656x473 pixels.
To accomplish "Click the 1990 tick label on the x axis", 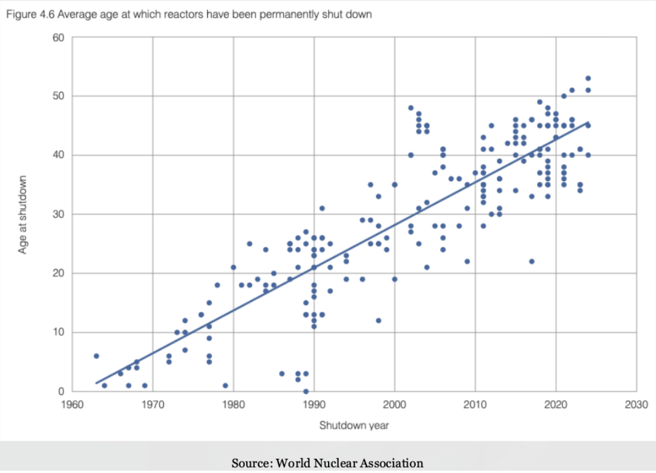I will click(x=314, y=405).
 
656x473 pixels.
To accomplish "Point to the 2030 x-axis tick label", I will click(x=637, y=405).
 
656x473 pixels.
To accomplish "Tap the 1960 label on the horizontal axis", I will click(x=72, y=405).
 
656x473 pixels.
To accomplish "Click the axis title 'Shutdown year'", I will click(x=354, y=425).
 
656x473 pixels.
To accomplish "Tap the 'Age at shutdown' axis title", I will click(x=23, y=214).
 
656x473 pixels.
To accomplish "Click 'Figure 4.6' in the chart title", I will click(x=24, y=14).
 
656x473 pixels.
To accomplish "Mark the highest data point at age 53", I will click(x=588, y=78).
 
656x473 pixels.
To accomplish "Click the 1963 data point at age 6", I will click(x=96, y=356).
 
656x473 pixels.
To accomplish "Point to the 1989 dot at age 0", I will click(x=306, y=391).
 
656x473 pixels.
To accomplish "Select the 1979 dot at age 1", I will click(x=225, y=385).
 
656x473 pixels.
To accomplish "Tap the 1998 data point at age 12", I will click(x=378, y=321).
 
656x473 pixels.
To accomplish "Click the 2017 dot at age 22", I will click(x=531, y=261).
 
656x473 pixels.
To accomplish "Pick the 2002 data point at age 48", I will click(x=410, y=108).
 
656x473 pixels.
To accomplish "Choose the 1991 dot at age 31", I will click(x=322, y=208).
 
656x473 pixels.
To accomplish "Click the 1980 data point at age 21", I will click(x=233, y=267).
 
